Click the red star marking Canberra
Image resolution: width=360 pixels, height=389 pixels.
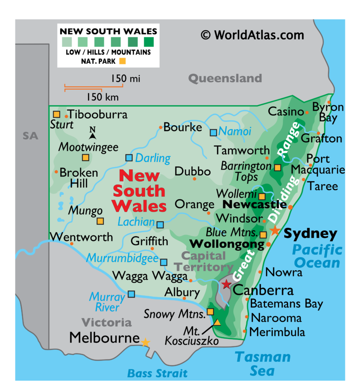(x=226, y=284)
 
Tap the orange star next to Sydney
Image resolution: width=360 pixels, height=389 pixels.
(x=275, y=230)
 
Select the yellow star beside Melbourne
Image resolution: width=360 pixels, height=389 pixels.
(x=145, y=343)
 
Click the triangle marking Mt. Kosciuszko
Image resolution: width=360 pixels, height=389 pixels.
(x=217, y=322)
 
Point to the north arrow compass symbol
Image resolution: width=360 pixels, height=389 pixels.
(x=93, y=133)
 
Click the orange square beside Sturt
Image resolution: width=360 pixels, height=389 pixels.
(x=57, y=114)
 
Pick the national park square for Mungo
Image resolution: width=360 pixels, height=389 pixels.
(x=100, y=221)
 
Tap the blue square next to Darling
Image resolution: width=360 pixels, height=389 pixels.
(x=129, y=158)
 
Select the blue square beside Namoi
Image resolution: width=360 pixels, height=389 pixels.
(x=213, y=133)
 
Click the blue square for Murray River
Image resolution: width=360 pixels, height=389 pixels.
(x=131, y=294)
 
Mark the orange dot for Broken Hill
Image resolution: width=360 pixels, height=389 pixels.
(x=56, y=172)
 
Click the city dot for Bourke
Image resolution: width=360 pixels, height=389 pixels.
(x=160, y=127)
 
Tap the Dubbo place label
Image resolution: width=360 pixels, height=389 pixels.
(x=193, y=171)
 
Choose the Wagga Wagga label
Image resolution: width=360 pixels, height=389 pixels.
(x=150, y=276)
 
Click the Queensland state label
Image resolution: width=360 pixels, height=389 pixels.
(x=225, y=78)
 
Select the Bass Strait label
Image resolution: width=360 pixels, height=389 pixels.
(x=157, y=373)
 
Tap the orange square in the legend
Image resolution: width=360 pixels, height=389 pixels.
(x=122, y=61)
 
